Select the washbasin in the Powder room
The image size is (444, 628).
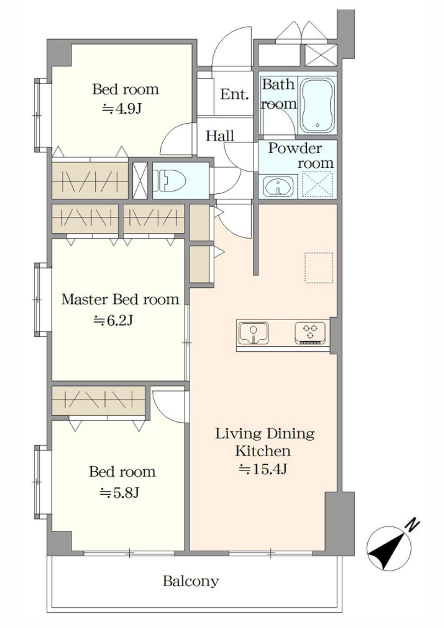(x=278, y=186)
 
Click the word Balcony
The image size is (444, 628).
(x=191, y=582)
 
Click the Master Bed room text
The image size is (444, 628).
(x=120, y=299)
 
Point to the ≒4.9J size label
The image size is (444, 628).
(x=122, y=109)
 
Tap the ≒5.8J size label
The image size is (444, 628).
(x=119, y=492)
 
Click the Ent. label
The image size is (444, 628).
(x=234, y=94)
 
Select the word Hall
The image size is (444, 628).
(x=220, y=136)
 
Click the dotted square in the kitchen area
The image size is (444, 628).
(x=318, y=268)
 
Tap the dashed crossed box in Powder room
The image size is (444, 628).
(x=317, y=184)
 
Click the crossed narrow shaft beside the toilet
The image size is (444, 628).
(x=140, y=181)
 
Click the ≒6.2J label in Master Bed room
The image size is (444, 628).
(x=113, y=321)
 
